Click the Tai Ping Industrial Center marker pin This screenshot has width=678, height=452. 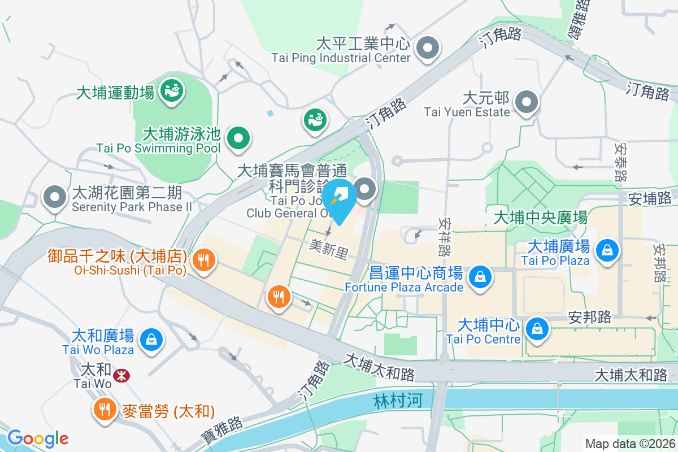[428, 48]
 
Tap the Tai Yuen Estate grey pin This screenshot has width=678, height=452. [527, 103]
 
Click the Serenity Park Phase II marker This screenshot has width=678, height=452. [55, 198]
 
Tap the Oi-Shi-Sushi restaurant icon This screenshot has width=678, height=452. [203, 260]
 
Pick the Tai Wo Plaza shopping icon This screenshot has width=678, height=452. [151, 340]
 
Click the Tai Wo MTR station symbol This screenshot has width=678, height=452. [120, 375]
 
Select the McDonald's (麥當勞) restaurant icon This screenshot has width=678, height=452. [104, 409]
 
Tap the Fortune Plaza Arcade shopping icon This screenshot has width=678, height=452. [480, 277]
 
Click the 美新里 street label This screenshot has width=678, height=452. [328, 249]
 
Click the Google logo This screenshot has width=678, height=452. [38, 438]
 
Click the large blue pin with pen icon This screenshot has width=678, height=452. [341, 198]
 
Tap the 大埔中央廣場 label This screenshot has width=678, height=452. [540, 217]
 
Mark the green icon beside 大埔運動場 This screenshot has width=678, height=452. [170, 90]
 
